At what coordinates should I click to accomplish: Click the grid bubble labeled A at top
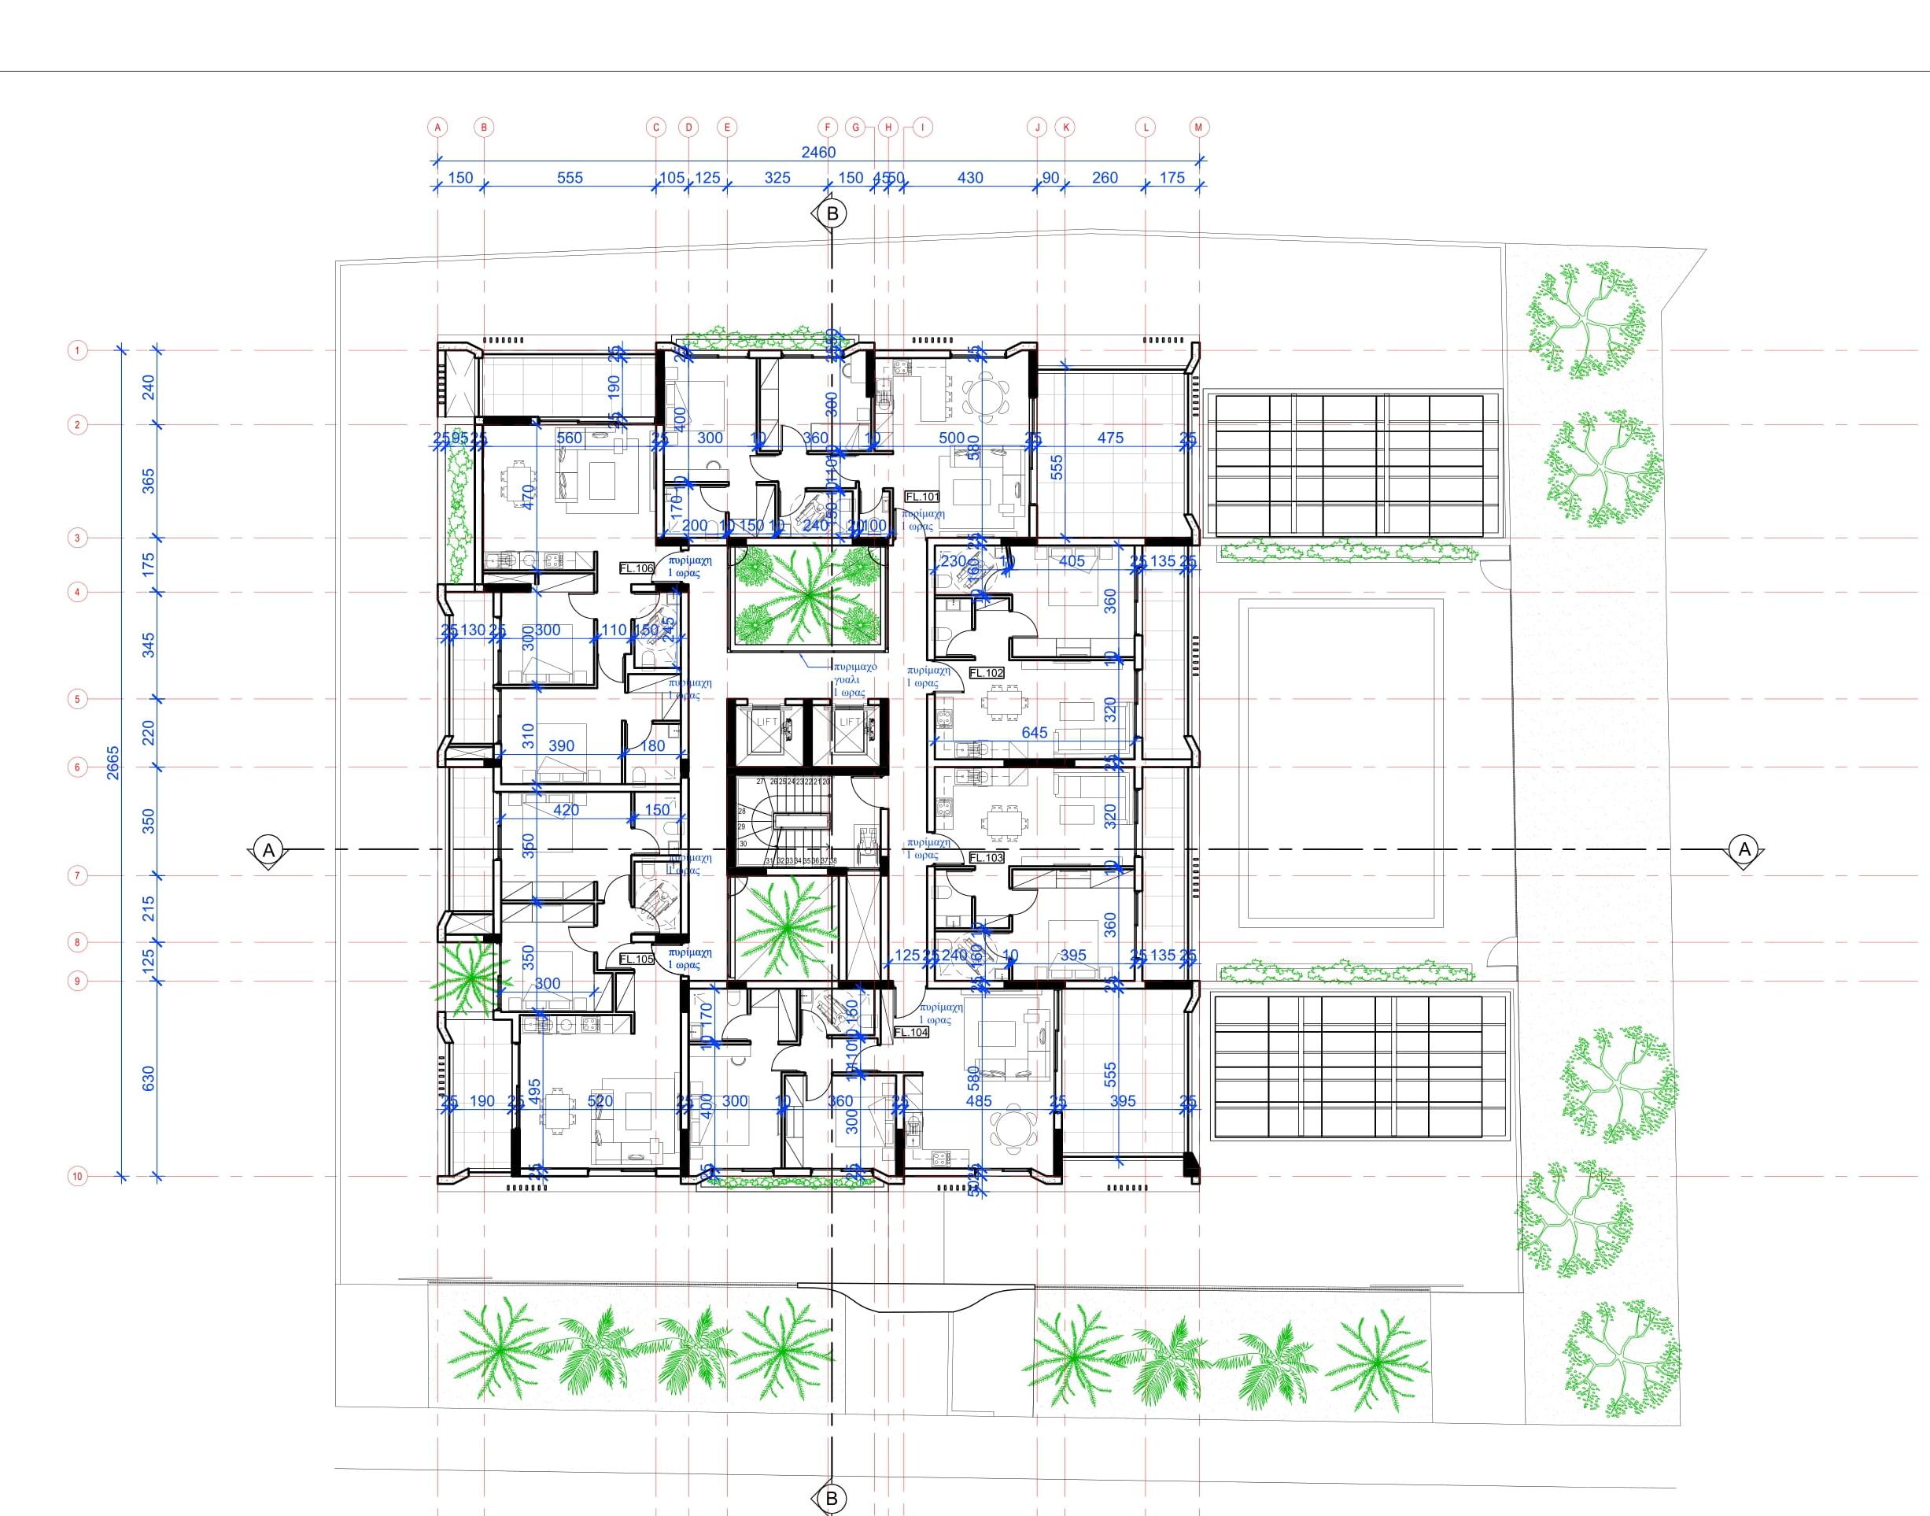[437, 127]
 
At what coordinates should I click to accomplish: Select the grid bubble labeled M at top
[1199, 127]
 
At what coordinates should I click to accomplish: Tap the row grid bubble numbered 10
[77, 1177]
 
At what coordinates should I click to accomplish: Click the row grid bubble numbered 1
[77, 350]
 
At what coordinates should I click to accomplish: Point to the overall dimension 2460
[817, 152]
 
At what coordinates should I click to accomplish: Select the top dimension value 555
[570, 178]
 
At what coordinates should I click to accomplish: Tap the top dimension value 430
[970, 178]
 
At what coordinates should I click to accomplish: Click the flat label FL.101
[921, 497]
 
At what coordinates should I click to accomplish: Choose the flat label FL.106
[637, 568]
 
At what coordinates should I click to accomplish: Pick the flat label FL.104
[910, 1032]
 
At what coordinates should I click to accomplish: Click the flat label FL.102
[986, 673]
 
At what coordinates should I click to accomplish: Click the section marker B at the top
[832, 213]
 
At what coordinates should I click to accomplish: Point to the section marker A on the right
[1744, 849]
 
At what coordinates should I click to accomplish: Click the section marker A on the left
[269, 849]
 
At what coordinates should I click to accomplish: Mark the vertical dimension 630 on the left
[148, 1078]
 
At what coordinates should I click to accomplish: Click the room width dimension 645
[1035, 732]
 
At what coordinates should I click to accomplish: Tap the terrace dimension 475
[1110, 438]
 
